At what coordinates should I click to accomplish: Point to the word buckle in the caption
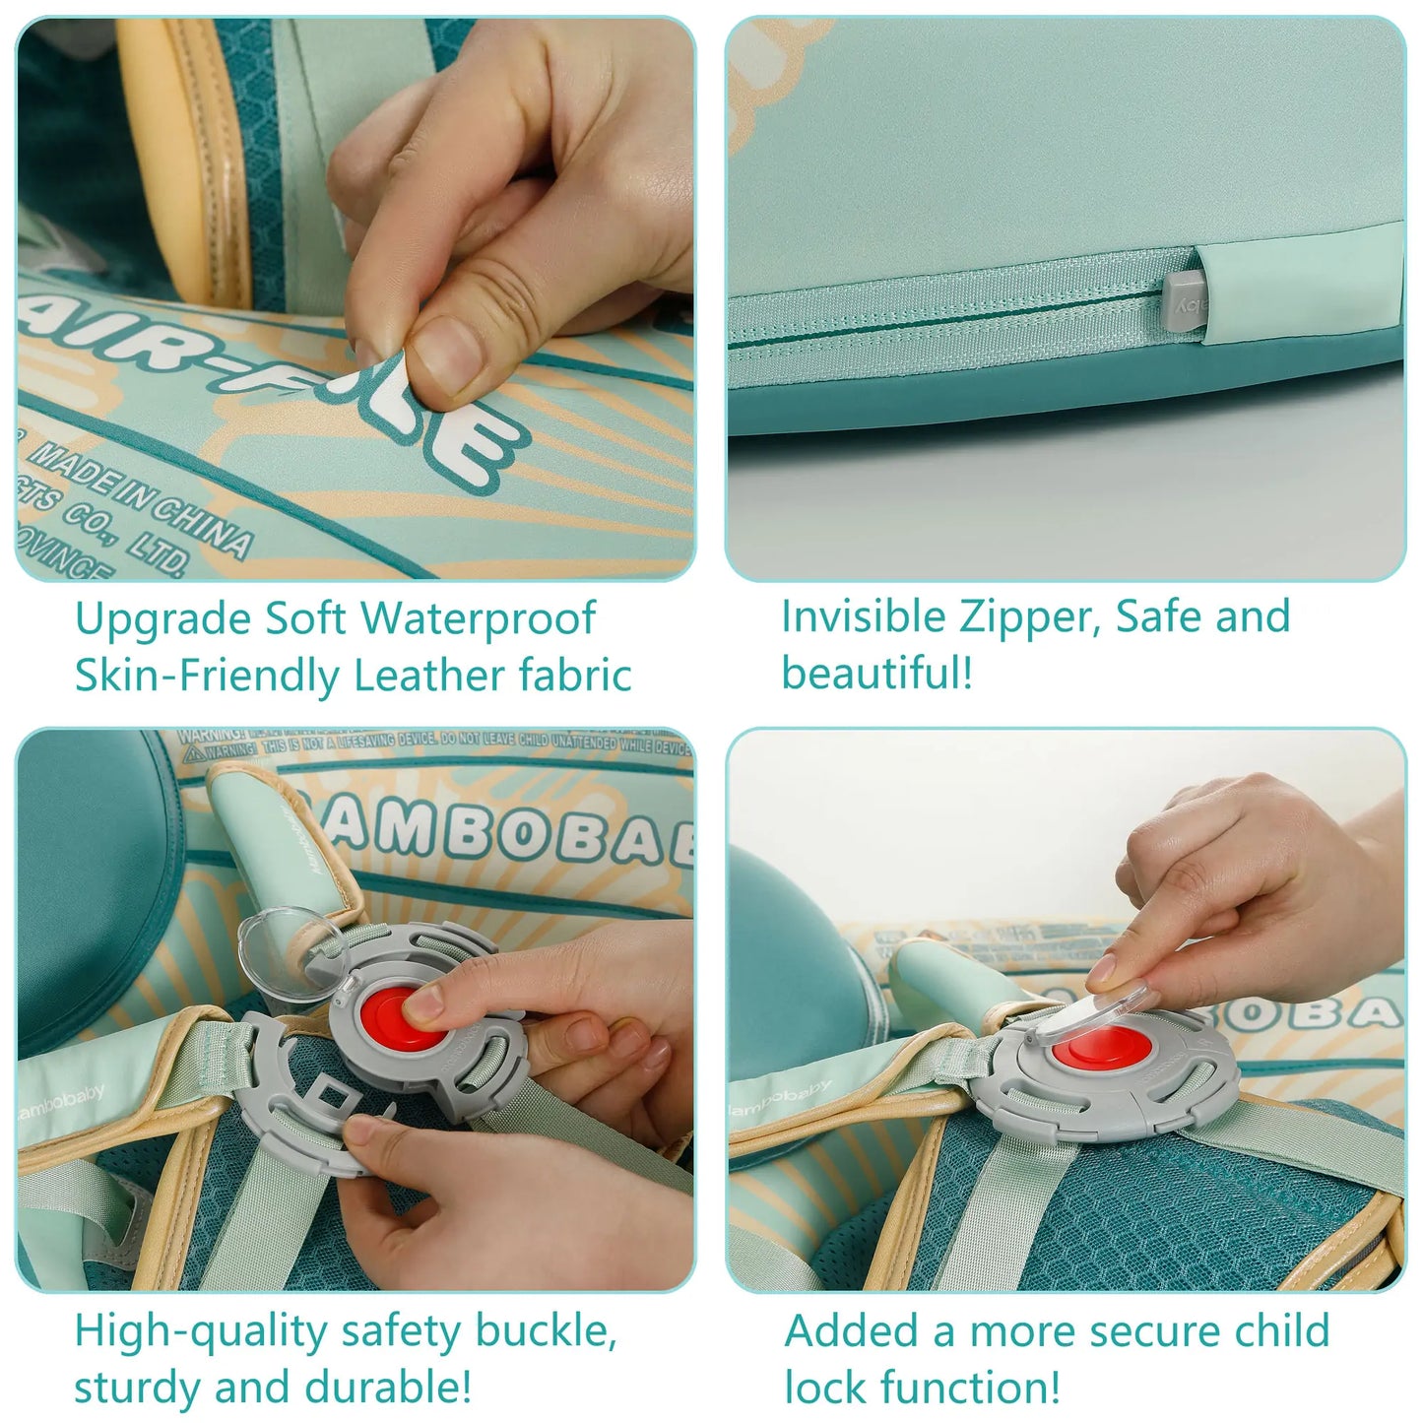click(x=546, y=1330)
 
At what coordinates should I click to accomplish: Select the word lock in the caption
click(x=826, y=1388)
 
